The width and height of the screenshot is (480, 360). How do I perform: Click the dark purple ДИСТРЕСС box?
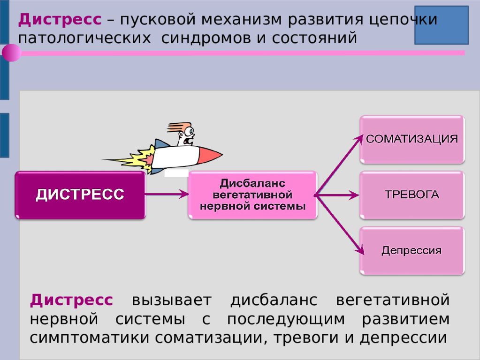click(80, 195)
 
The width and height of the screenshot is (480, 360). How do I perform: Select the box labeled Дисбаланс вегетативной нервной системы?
click(253, 195)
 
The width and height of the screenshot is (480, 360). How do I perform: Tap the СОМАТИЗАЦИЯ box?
click(412, 140)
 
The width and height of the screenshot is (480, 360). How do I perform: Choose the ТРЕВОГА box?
click(412, 195)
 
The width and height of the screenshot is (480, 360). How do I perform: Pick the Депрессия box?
click(412, 251)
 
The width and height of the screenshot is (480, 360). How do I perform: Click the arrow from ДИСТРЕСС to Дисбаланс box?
click(167, 194)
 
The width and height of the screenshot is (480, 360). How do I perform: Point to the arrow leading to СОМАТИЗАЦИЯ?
click(339, 165)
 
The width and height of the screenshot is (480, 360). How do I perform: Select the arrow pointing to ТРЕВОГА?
click(337, 195)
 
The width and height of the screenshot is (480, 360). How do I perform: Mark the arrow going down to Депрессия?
click(340, 225)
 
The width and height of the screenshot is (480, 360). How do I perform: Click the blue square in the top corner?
click(442, 25)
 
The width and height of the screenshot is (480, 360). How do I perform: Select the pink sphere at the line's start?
click(11, 53)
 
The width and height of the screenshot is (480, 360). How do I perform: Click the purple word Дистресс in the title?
click(60, 19)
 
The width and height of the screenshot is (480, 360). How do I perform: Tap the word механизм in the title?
click(241, 20)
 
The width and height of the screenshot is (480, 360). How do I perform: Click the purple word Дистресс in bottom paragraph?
click(71, 300)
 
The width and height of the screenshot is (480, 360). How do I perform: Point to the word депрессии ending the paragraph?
click(404, 338)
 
